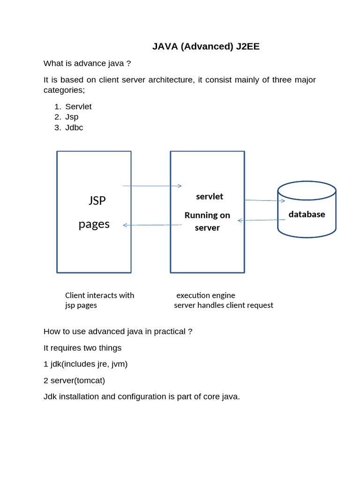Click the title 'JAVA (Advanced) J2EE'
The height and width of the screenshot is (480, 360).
(x=206, y=46)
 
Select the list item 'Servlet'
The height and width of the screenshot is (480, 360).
(x=78, y=106)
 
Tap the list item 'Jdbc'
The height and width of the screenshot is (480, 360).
(x=74, y=127)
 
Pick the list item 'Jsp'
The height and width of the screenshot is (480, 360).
(x=72, y=117)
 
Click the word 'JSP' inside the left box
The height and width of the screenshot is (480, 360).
(x=97, y=201)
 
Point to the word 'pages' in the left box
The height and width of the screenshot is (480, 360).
(x=94, y=224)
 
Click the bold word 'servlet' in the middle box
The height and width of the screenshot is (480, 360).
(x=210, y=196)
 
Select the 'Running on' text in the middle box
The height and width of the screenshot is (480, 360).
(x=207, y=215)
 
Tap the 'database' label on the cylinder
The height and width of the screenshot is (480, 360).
(x=307, y=214)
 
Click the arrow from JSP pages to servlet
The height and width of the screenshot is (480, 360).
(x=152, y=186)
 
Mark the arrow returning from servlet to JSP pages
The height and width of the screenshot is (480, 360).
(x=152, y=225)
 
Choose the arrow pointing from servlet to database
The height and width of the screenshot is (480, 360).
(x=265, y=201)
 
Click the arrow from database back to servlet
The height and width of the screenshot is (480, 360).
(x=262, y=220)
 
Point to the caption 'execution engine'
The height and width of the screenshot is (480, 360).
(x=206, y=295)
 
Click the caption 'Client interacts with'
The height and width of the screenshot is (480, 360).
(x=99, y=295)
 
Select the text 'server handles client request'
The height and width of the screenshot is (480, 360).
(x=224, y=305)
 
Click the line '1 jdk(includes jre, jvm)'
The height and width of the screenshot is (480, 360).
(x=85, y=364)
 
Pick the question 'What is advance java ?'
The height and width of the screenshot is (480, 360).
(x=87, y=63)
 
